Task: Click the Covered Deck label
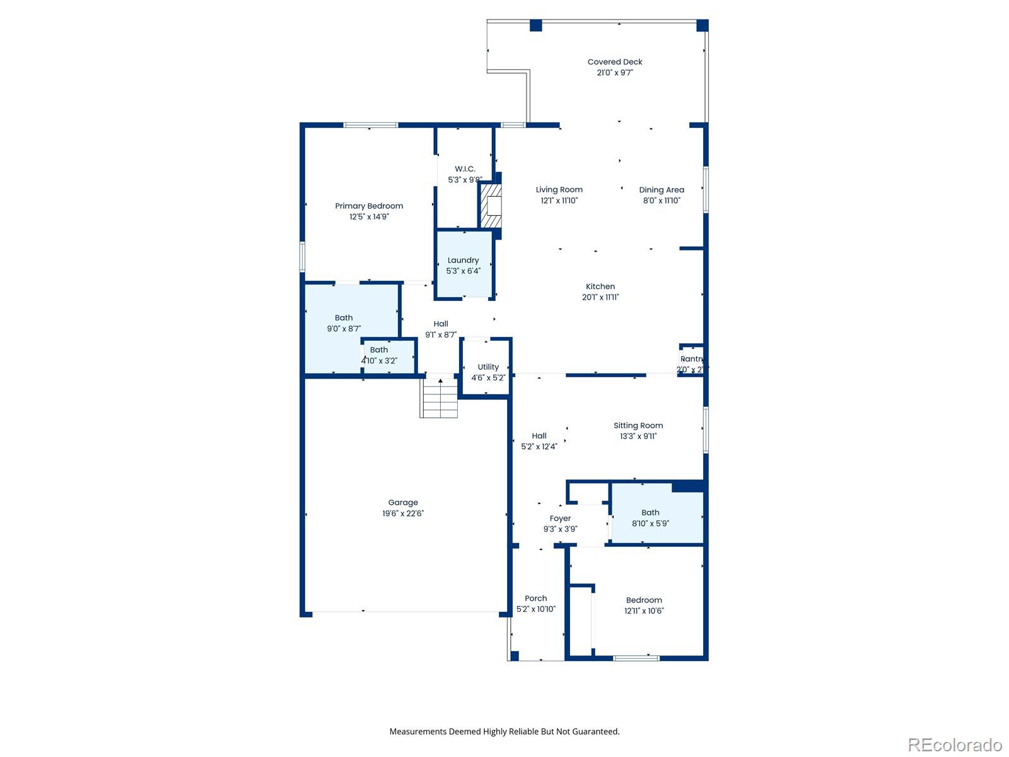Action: coord(615,62)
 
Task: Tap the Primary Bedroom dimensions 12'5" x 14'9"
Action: coord(369,216)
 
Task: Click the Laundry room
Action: coord(464,265)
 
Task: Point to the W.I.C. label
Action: coord(465,168)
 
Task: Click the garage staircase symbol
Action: coord(440,398)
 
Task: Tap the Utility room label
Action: coord(488,367)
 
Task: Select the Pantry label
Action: coord(691,359)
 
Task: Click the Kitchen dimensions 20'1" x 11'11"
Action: coord(600,297)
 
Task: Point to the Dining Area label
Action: coord(662,189)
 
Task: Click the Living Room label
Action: coord(559,189)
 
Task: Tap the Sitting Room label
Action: coord(638,425)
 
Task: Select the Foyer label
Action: coord(560,519)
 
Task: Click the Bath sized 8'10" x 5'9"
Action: coord(650,518)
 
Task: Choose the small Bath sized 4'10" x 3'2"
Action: coord(379,355)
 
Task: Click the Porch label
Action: coord(536,598)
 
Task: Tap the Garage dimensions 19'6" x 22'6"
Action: coord(403,513)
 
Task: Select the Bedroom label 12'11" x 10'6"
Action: coord(644,600)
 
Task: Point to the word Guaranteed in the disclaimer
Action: coord(595,732)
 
